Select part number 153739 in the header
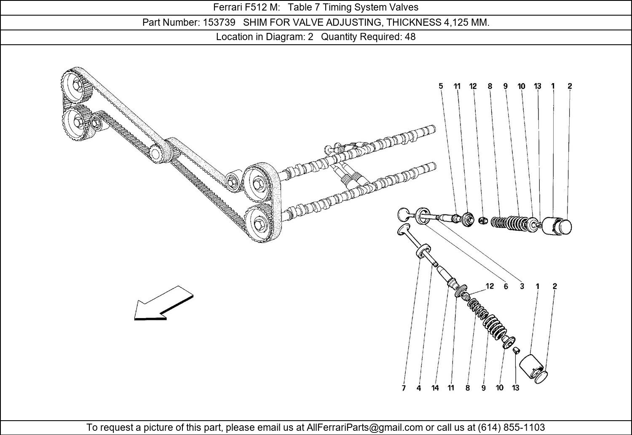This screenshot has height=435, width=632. [x=219, y=22]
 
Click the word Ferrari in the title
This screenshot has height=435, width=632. [x=227, y=7]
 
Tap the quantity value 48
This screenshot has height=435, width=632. [x=410, y=37]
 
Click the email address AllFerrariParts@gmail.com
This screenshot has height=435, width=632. [x=364, y=427]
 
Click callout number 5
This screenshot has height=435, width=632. [x=441, y=86]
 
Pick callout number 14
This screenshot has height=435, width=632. [x=435, y=388]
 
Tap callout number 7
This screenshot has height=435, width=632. [x=403, y=388]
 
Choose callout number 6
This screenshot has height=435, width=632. [x=506, y=286]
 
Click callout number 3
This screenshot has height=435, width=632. [x=522, y=286]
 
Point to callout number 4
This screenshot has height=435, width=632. [x=418, y=388]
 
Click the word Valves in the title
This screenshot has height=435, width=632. [x=404, y=7]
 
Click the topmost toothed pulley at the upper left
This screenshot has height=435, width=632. [x=76, y=86]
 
